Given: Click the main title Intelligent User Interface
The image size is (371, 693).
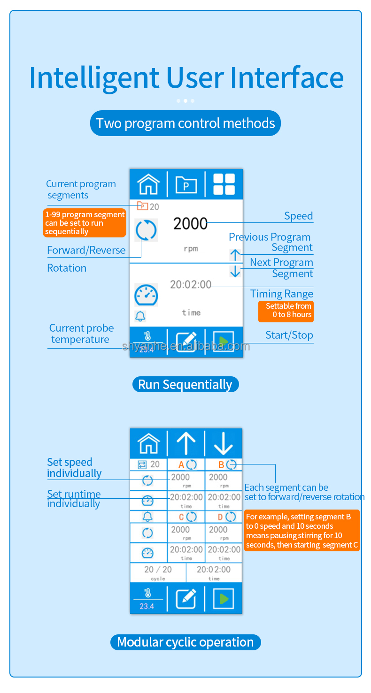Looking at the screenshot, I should (x=186, y=78).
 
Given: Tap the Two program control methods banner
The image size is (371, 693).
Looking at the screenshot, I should (x=185, y=123).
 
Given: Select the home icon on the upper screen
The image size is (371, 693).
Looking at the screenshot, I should (x=148, y=184).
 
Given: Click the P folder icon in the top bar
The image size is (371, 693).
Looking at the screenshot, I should (x=186, y=184).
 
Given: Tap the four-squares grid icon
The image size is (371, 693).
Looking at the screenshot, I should (x=224, y=184).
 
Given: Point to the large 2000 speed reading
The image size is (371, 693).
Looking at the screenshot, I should (x=190, y=224).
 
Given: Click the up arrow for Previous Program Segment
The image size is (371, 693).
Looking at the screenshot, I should (x=235, y=255).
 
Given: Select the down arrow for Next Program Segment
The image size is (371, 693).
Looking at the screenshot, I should (x=235, y=271).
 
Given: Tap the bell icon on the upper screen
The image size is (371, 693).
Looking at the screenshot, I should (x=140, y=316).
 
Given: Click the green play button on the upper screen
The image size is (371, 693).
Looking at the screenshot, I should (x=224, y=342).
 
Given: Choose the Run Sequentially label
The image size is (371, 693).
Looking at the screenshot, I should (x=185, y=385).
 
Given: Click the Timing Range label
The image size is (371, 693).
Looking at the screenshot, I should (x=282, y=294).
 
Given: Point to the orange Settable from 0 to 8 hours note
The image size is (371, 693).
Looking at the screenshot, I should (x=286, y=311).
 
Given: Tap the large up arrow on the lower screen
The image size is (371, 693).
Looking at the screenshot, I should (x=186, y=443).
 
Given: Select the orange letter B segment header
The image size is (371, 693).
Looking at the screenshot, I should (x=222, y=465).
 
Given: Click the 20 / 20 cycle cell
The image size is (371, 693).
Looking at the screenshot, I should (x=158, y=572).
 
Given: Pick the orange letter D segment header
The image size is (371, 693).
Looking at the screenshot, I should (x=221, y=517).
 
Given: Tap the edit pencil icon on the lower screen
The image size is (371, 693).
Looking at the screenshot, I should (x=186, y=598).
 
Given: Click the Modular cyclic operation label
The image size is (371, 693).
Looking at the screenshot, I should (x=185, y=642).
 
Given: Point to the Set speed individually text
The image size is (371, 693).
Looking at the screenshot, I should (x=74, y=468).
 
